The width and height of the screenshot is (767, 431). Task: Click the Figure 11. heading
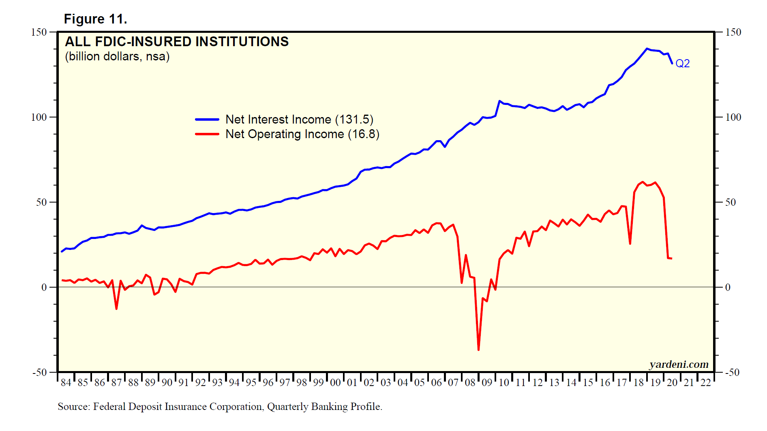pyautogui.click(x=96, y=19)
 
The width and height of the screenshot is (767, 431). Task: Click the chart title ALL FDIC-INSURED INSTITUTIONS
pyautogui.click(x=177, y=42)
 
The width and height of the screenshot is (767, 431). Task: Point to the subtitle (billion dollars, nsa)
pyautogui.click(x=117, y=56)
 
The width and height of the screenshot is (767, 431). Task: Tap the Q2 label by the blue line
pyautogui.click(x=682, y=64)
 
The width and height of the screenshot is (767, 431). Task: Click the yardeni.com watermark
pyautogui.click(x=679, y=364)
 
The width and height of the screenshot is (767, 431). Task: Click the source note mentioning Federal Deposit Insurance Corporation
pyautogui.click(x=220, y=406)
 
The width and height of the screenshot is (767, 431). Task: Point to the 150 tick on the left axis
pyautogui.click(x=39, y=32)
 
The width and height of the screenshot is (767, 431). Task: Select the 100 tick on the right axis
pyautogui.click(x=733, y=117)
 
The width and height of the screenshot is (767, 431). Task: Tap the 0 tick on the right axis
pyautogui.click(x=728, y=287)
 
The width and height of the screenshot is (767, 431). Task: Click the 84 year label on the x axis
pyautogui.click(x=66, y=382)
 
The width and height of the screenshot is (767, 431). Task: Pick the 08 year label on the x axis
pyautogui.click(x=470, y=382)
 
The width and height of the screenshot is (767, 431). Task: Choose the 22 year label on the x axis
pyautogui.click(x=706, y=382)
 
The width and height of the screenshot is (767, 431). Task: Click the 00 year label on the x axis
pyautogui.click(x=335, y=382)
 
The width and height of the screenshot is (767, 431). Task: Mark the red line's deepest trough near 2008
pyautogui.click(x=478, y=350)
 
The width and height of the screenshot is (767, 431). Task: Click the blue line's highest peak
pyautogui.click(x=647, y=49)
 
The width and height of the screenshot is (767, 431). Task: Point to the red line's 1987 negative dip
pyautogui.click(x=116, y=309)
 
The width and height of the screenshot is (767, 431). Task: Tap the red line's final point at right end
pyautogui.click(x=672, y=258)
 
